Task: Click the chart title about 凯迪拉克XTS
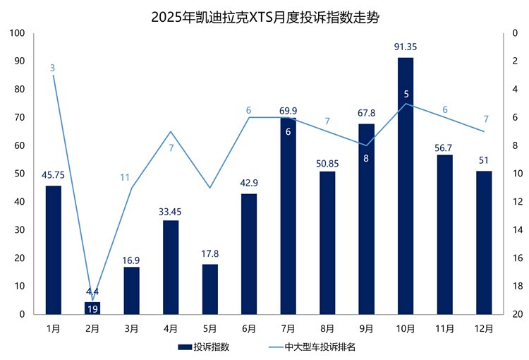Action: [264, 17]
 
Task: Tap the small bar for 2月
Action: [92, 308]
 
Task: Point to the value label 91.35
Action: [406, 47]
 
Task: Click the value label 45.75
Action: [54, 175]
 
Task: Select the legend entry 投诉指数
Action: [211, 347]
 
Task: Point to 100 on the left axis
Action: [18, 33]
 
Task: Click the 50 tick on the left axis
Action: [20, 174]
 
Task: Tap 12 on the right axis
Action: [516, 202]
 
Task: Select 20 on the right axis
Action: [516, 314]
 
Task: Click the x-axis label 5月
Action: [209, 328]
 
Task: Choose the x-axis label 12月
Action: [483, 328]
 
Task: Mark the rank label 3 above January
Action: [53, 68]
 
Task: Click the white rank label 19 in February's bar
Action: [92, 309]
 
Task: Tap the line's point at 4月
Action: [171, 131]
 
